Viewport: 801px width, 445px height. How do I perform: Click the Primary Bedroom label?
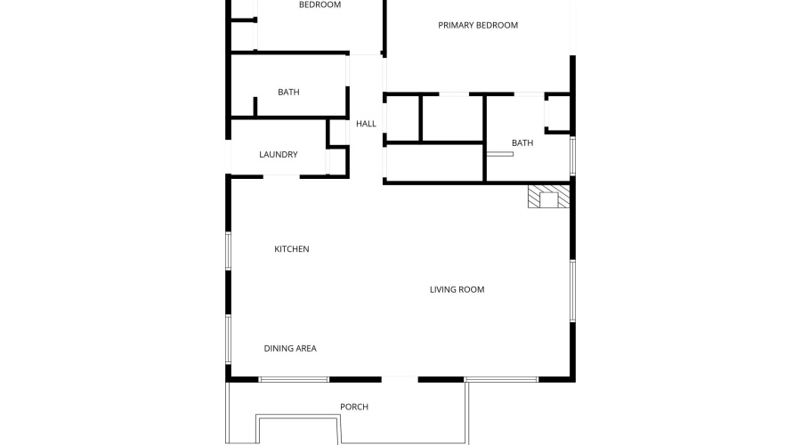point(477,25)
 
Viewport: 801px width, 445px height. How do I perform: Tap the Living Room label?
point(457,289)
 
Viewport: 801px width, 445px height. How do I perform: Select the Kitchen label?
point(291,249)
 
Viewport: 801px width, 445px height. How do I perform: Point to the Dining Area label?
point(290,348)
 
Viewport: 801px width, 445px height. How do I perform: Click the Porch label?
point(353,407)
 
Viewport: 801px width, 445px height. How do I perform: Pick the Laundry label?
point(278,155)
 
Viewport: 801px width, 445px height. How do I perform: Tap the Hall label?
point(366,124)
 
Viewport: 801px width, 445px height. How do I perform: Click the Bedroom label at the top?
point(320,5)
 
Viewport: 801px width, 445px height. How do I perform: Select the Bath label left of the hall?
point(288,92)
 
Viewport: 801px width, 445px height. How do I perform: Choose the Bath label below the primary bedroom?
point(522,142)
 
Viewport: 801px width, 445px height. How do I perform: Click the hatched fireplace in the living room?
point(546,197)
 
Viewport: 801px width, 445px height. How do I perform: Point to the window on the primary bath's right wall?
point(572,156)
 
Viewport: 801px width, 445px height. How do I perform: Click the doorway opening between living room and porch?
point(400,380)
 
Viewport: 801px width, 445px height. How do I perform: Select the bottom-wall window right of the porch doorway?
point(501,380)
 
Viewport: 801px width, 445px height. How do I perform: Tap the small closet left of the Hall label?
point(337,132)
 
